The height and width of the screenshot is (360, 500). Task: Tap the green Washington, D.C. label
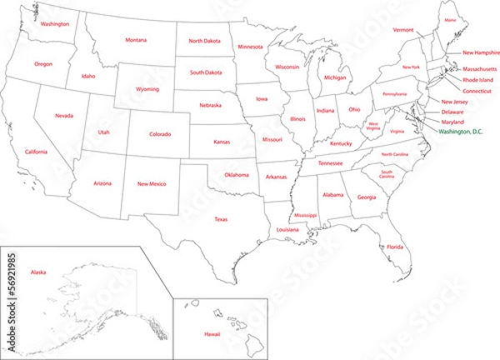point(459,132)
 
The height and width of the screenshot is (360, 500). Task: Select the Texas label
point(221,219)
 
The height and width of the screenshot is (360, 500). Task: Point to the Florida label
point(394,247)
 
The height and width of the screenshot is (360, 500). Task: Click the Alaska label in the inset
point(38,272)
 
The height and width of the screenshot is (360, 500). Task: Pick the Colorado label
point(160,134)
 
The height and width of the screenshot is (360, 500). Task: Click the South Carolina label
point(387,174)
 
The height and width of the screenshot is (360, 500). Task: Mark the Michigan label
point(335,77)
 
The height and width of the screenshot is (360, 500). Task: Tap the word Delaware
point(453,111)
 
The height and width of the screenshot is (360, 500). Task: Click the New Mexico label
point(152,183)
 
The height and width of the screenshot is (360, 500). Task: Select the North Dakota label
point(204,41)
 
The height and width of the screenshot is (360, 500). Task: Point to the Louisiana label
point(287,229)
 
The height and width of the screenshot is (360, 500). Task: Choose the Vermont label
point(403,30)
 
